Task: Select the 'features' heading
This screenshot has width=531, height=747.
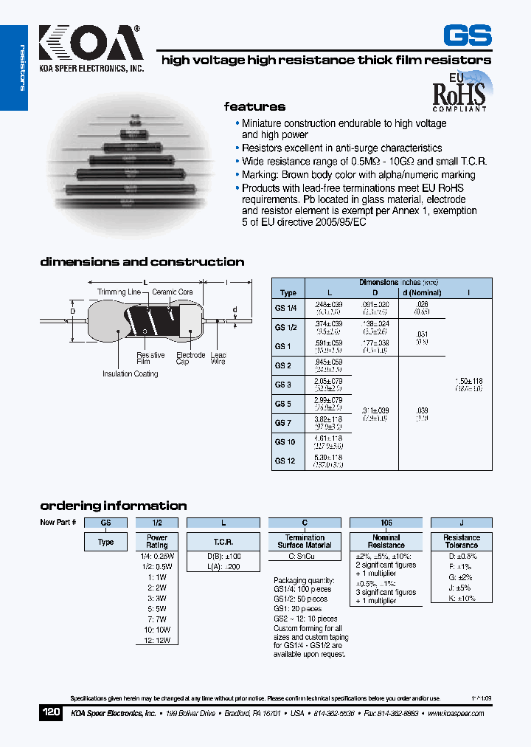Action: click(254, 106)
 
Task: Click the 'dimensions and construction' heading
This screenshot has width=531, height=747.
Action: click(142, 262)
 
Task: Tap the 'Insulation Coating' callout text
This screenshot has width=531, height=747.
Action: click(131, 374)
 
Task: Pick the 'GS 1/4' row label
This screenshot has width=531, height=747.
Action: click(285, 308)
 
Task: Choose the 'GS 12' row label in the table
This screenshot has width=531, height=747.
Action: click(285, 461)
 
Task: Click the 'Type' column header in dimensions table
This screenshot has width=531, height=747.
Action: click(288, 293)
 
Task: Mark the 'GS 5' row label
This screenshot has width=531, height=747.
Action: click(283, 404)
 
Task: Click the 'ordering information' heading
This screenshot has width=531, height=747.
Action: click(113, 506)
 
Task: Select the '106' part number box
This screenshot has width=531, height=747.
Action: click(386, 522)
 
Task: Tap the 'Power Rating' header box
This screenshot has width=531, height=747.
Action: click(157, 541)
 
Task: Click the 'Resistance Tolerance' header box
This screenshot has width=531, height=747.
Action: click(462, 541)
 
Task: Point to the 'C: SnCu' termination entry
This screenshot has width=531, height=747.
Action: click(303, 556)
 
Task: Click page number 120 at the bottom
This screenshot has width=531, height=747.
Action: click(50, 713)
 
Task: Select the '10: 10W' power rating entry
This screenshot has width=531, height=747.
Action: click(156, 630)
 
